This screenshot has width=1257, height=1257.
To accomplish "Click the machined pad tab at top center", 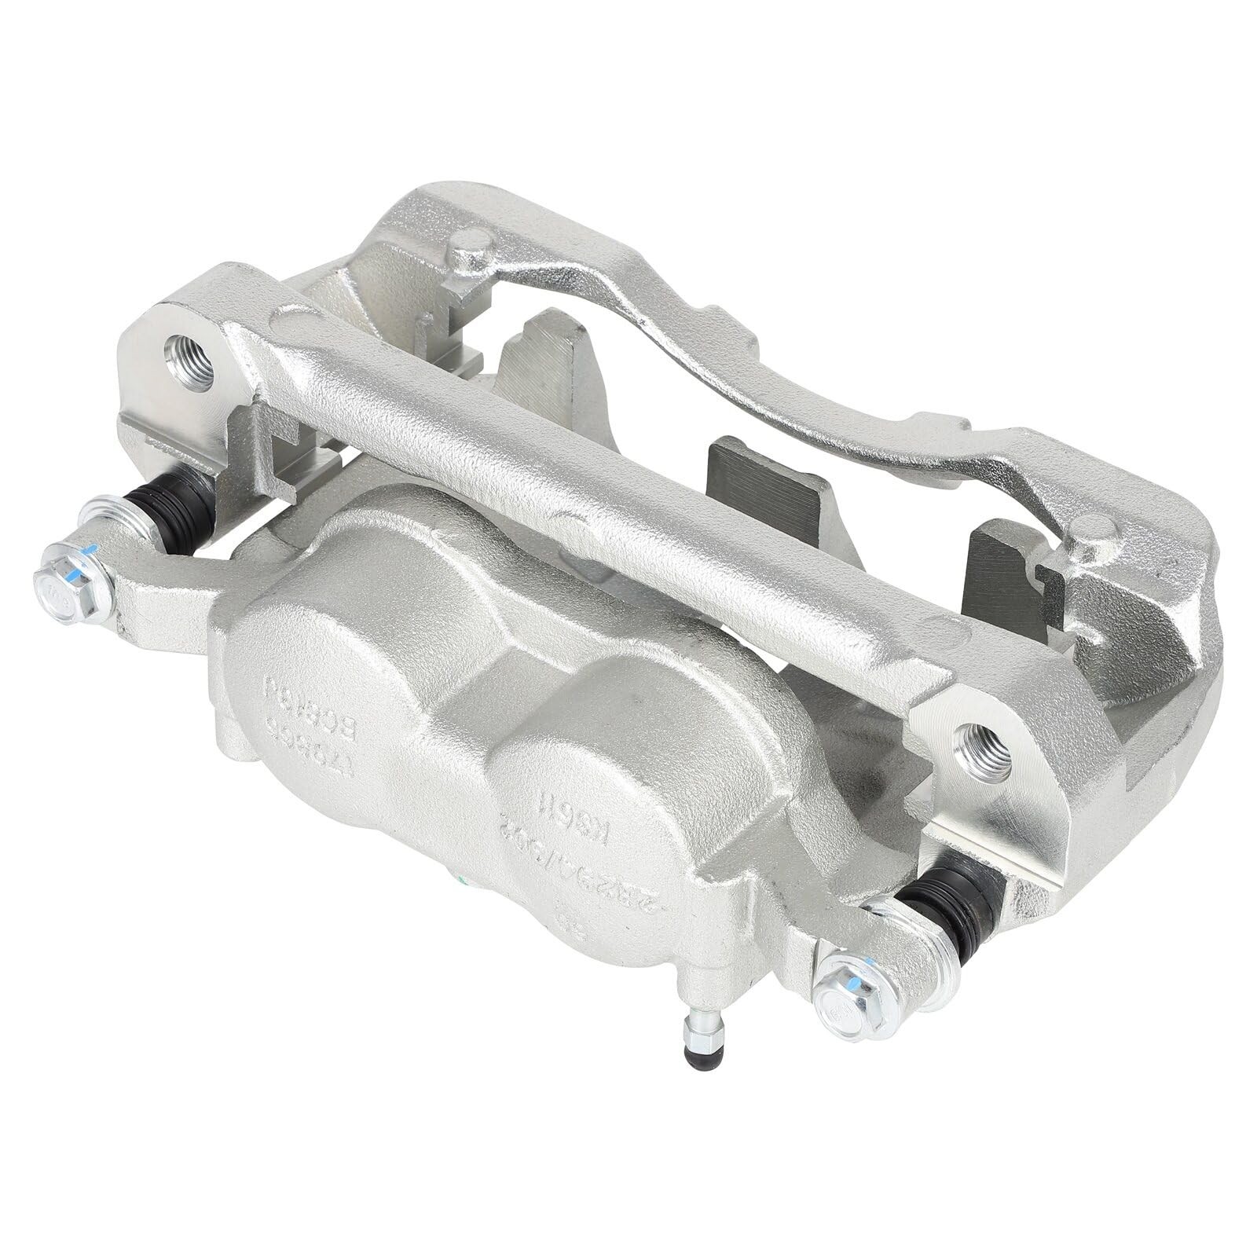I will pyautogui.click(x=550, y=346).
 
